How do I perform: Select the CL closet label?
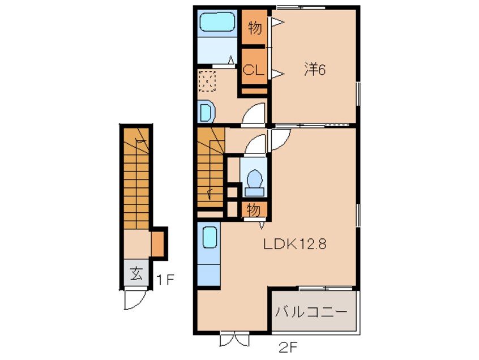253,71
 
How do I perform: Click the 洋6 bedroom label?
315,70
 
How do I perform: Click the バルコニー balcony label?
311,312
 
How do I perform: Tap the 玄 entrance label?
136,273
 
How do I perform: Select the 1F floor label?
165,280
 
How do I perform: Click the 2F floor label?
288,347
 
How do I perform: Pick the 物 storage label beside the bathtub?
255,28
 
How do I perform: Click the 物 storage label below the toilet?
254,211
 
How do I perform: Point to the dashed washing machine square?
207,81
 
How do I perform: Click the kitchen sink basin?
209,237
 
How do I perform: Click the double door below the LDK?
234,339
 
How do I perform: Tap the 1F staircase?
136,178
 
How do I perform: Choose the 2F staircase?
211,168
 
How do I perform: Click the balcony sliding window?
326,288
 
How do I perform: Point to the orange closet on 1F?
158,243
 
